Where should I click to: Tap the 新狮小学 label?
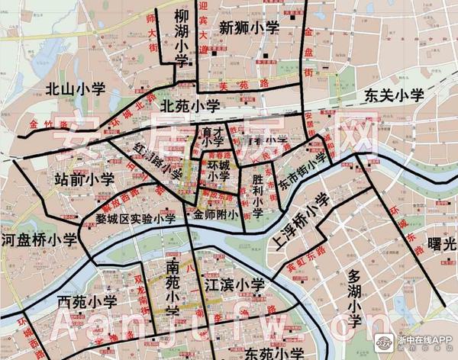coord(250,28)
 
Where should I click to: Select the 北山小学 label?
coord(74,89)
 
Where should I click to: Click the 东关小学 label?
coord(393,96)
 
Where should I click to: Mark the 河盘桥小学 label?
coord(39,239)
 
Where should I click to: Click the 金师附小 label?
coord(217,215)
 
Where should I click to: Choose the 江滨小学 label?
coord(234,286)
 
